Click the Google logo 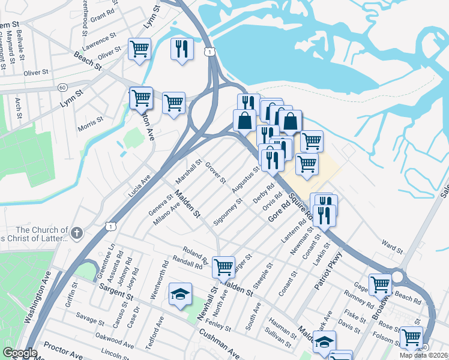point(20,353)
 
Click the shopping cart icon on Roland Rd point(223,266)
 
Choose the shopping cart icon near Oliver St point(140,49)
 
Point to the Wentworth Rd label point(164,272)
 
